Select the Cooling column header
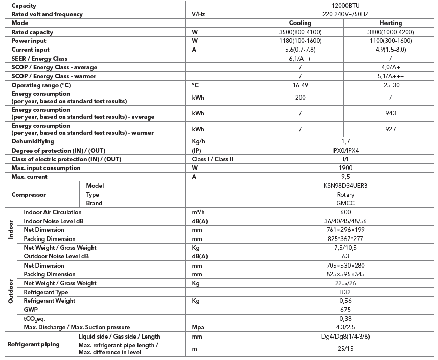(300, 23)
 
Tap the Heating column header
(390, 23)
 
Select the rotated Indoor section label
(11, 230)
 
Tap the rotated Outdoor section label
(11, 292)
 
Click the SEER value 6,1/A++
(300, 59)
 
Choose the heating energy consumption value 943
(390, 113)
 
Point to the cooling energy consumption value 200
(300, 97)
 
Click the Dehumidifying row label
(33, 141)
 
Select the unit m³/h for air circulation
(198, 212)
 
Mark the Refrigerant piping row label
(33, 344)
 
